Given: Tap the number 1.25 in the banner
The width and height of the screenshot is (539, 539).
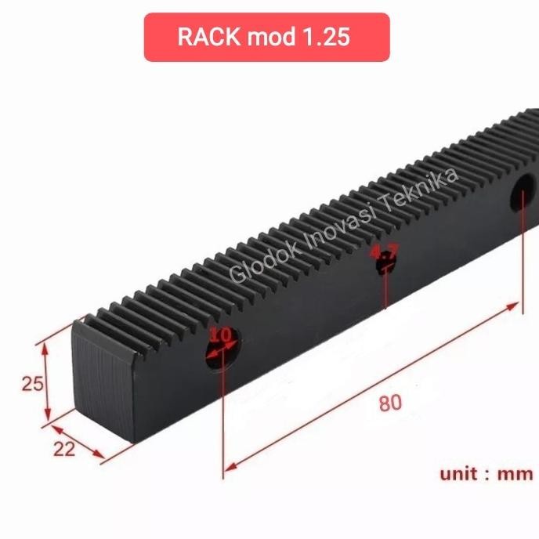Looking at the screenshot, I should [323, 38].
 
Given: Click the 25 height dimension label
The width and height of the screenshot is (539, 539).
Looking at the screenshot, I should [32, 384].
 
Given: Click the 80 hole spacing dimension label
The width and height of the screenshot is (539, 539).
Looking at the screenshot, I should [389, 403].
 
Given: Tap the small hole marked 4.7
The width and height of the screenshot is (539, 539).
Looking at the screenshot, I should [385, 264].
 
